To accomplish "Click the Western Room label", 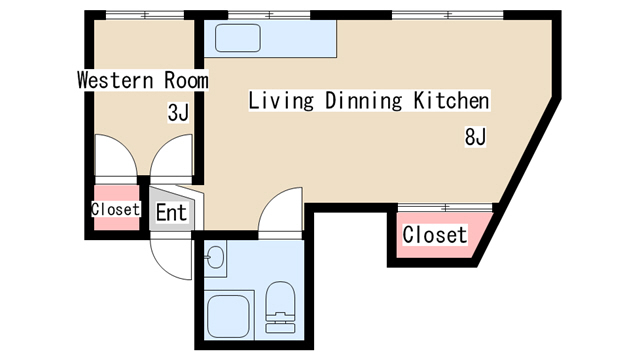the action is [143, 80].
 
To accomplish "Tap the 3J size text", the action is [178, 113].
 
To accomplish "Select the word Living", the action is [281, 100].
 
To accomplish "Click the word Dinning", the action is [364, 100].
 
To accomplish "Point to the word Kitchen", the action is [451, 100].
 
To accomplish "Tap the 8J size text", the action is [476, 137].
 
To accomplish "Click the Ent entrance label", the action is [171, 212].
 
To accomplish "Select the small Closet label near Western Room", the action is [116, 209].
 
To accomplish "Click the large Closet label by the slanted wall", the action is [435, 235].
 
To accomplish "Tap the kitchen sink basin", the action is [238, 38].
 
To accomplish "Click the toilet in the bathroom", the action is [280, 307].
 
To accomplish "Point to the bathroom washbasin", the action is [215, 258].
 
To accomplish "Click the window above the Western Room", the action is [145, 15].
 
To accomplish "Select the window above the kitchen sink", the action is [269, 15].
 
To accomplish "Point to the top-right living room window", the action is [448, 15].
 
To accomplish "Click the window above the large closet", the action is [445, 207].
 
